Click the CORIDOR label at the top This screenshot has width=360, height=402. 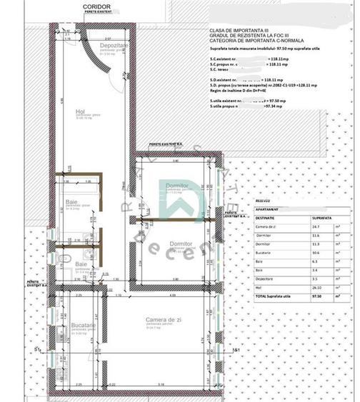click(x=96, y=5)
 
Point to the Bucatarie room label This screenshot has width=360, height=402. click(x=86, y=326)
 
